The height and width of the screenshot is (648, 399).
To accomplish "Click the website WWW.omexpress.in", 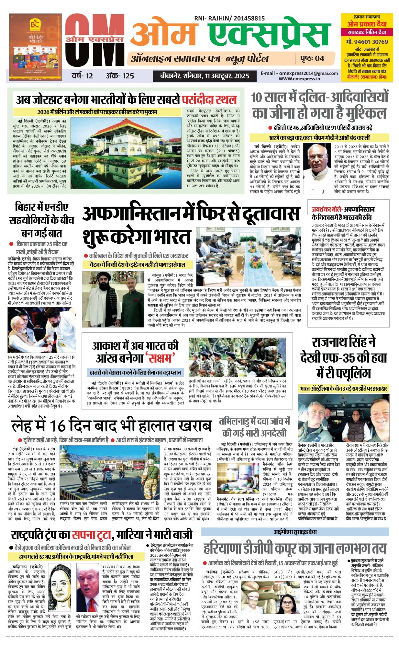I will pyautogui.click(x=299, y=78).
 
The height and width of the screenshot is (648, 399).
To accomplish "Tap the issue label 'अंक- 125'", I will pyautogui.click(x=120, y=76).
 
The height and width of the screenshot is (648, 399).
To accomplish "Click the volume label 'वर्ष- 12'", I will pyautogui.click(x=82, y=76).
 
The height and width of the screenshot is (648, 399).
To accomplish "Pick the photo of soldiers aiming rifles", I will pyautogui.click(x=237, y=358).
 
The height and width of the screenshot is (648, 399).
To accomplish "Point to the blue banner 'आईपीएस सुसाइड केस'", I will pyautogui.click(x=295, y=532).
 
